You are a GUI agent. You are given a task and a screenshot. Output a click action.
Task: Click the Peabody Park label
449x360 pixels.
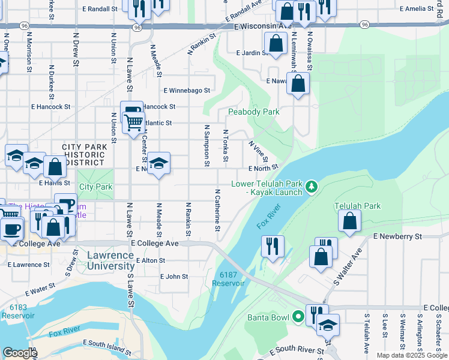(x=253, y=112)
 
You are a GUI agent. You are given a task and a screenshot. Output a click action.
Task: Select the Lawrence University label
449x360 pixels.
(x=110, y=260)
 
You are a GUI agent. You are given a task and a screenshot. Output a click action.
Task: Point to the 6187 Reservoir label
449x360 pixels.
(x=228, y=279)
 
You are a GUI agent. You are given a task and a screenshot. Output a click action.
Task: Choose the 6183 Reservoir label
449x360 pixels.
(x=18, y=311)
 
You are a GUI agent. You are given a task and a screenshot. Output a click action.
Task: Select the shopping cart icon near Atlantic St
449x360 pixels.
(x=133, y=122)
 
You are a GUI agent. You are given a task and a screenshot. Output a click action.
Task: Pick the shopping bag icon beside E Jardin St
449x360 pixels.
(x=276, y=44)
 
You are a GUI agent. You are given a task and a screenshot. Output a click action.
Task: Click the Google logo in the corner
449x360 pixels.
(x=20, y=353)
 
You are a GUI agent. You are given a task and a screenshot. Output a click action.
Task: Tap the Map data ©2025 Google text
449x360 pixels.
(x=412, y=355)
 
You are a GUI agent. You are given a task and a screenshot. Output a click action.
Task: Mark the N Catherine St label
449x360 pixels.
(x=217, y=210)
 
